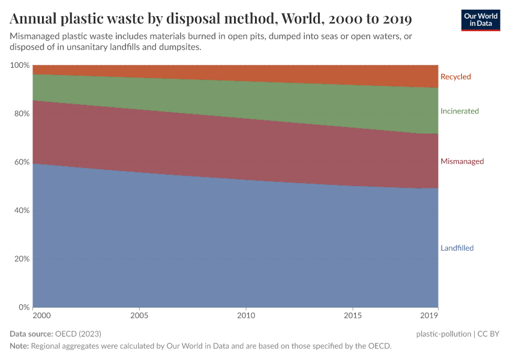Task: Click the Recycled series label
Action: tap(455, 77)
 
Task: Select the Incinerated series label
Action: tap(459, 111)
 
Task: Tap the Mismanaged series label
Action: tap(461, 161)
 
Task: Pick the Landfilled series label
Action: tap(457, 248)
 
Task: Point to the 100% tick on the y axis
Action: tap(19, 65)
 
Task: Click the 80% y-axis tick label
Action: tap(21, 113)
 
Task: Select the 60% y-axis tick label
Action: tap(21, 162)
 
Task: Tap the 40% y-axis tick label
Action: tap(21, 211)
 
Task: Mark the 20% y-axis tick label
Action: tap(21, 259)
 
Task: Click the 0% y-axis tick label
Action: tap(23, 307)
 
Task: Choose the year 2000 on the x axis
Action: tap(41, 315)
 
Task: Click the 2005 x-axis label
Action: tap(139, 315)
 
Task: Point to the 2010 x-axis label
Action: tap(246, 315)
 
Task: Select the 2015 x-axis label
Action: tap(353, 315)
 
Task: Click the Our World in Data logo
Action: tap(480, 20)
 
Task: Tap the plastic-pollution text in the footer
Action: tap(443, 334)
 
